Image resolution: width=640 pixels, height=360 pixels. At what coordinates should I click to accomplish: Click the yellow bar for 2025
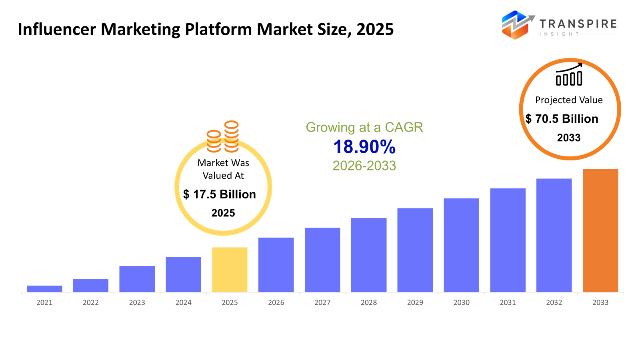tap(230, 270)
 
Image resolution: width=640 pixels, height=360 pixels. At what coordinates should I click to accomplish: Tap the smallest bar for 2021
tap(44, 289)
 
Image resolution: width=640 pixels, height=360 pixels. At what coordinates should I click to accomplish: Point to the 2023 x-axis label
tap(137, 303)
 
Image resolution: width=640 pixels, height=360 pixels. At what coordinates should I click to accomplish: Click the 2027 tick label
tap(322, 303)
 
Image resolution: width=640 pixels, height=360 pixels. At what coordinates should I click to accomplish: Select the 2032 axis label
tap(554, 303)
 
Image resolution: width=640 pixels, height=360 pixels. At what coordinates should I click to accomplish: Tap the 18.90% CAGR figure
tap(364, 147)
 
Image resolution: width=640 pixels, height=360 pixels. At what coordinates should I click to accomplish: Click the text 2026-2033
tap(364, 166)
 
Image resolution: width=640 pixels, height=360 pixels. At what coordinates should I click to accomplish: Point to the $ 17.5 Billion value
tap(220, 194)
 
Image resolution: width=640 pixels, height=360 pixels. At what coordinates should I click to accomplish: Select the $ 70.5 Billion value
tap(562, 119)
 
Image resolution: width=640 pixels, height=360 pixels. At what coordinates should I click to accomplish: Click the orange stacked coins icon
tap(223, 137)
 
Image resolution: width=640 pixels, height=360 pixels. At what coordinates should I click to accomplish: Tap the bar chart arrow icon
tap(569, 75)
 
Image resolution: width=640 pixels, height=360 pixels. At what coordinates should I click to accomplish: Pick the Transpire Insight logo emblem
tap(517, 25)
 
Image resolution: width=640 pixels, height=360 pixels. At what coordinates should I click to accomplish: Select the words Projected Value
tap(569, 100)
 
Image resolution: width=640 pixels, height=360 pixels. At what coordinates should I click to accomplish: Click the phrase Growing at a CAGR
tap(364, 127)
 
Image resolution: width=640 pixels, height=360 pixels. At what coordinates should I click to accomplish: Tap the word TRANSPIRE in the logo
tap(578, 24)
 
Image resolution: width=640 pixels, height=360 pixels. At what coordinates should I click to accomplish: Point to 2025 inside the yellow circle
tap(223, 213)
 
